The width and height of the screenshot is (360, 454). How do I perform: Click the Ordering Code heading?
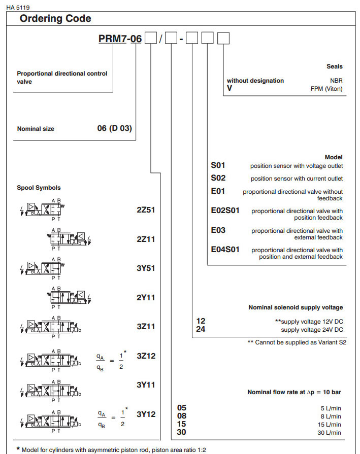coord(55,19)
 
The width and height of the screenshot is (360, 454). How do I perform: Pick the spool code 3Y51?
coord(146,268)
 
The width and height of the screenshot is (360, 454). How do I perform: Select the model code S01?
coord(218,165)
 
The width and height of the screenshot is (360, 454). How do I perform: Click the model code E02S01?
coord(225,211)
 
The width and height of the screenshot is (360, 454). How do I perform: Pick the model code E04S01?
coord(225,250)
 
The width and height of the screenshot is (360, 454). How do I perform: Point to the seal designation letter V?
coord(229,88)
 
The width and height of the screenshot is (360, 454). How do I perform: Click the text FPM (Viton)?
coord(326,89)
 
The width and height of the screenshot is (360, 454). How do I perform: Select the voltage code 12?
coord(201,321)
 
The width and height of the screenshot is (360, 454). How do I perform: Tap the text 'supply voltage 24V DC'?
coord(312,330)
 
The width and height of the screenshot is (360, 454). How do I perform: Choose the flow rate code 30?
coord(181,432)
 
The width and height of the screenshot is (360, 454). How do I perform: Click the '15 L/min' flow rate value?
coord(331,425)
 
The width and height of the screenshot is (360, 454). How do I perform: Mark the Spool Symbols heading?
coord(39,188)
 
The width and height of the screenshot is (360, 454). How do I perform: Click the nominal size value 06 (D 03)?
coord(114,128)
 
